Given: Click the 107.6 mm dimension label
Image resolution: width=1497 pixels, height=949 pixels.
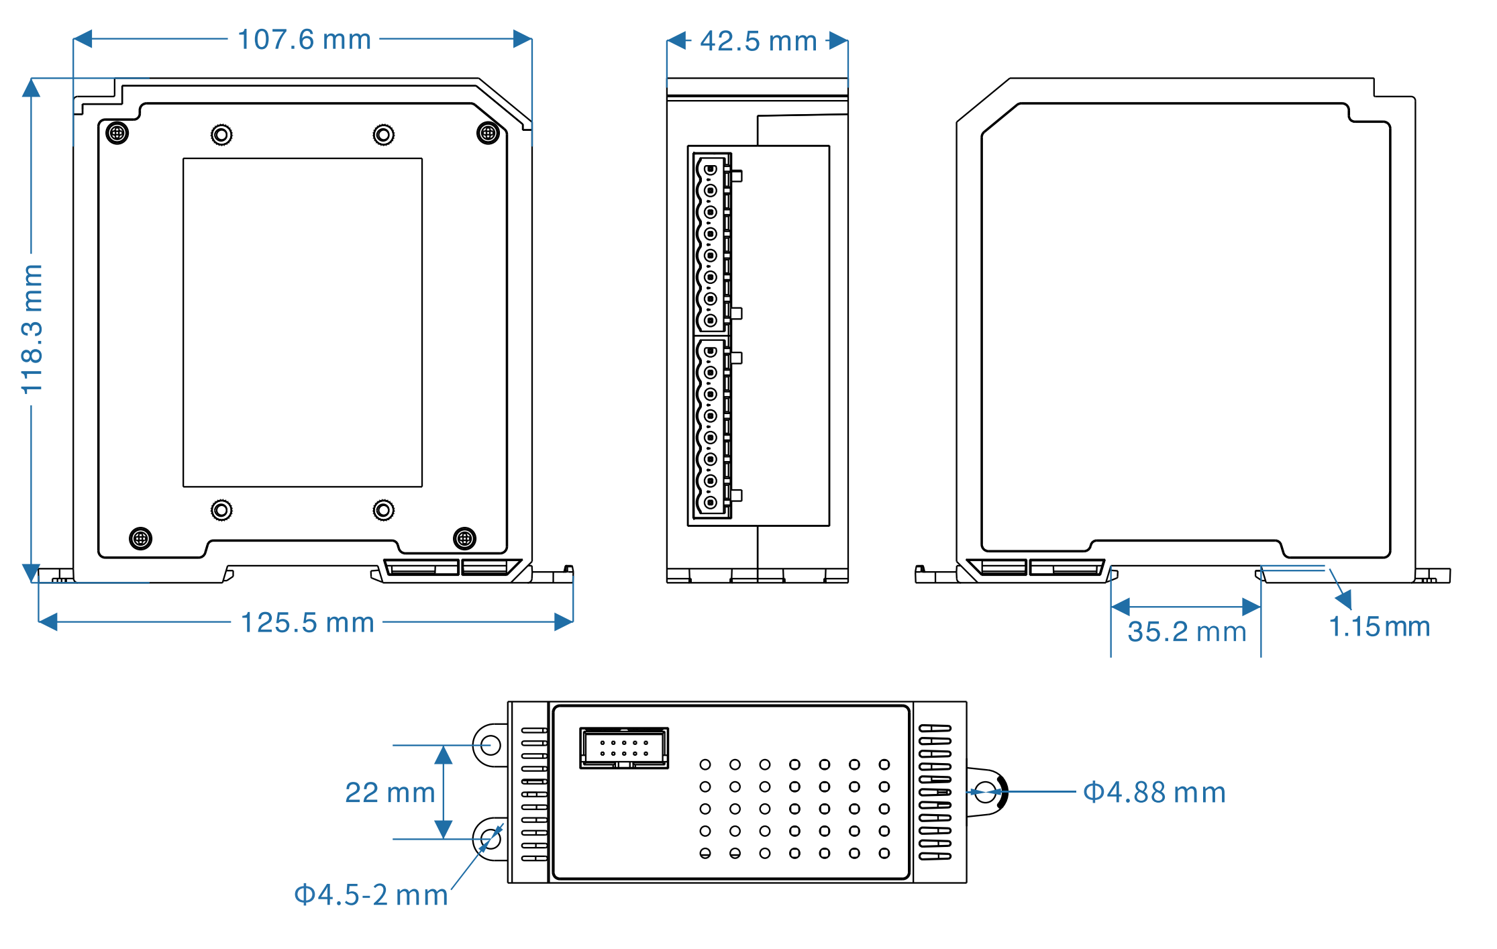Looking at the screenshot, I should pyautogui.click(x=304, y=40).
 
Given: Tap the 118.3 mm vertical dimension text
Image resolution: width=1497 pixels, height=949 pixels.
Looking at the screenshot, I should pyautogui.click(x=32, y=329).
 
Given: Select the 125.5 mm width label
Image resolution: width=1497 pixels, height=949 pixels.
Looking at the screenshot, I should pyautogui.click(x=307, y=623).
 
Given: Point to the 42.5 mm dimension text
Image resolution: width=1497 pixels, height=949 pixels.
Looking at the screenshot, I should pyautogui.click(x=758, y=41).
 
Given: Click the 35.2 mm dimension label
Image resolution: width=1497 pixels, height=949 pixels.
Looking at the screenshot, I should pyautogui.click(x=1186, y=632).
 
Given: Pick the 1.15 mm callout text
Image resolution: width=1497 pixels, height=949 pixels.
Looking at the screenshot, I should pyautogui.click(x=1379, y=627).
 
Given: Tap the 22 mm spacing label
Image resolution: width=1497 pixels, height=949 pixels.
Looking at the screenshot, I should pyautogui.click(x=390, y=793).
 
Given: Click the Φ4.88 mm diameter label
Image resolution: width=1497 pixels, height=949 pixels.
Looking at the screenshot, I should pyautogui.click(x=1154, y=793).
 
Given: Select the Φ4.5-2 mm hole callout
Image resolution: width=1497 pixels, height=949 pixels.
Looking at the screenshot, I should pyautogui.click(x=371, y=895).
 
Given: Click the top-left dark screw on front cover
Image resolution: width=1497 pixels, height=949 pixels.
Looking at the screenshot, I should pyautogui.click(x=117, y=133).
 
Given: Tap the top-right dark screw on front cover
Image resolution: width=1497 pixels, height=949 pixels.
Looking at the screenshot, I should pyautogui.click(x=488, y=133).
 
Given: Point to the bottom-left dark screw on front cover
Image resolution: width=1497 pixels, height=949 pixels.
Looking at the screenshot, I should pyautogui.click(x=140, y=538).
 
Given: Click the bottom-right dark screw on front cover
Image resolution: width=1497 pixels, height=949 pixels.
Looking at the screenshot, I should pyautogui.click(x=464, y=538).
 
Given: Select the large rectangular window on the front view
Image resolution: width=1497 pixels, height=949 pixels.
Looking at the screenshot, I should pyautogui.click(x=303, y=322).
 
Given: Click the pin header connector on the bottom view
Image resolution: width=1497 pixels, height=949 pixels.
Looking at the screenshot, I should pyautogui.click(x=624, y=748).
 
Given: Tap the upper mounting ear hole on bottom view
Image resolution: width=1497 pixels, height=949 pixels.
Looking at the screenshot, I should pyautogui.click(x=491, y=745).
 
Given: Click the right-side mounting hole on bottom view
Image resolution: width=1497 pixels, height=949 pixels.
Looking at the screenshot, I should pyautogui.click(x=984, y=792).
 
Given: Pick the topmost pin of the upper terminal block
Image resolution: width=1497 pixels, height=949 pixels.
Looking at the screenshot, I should pyautogui.click(x=711, y=169).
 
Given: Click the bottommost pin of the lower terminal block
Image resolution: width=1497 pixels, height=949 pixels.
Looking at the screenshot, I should pyautogui.click(x=711, y=502).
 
